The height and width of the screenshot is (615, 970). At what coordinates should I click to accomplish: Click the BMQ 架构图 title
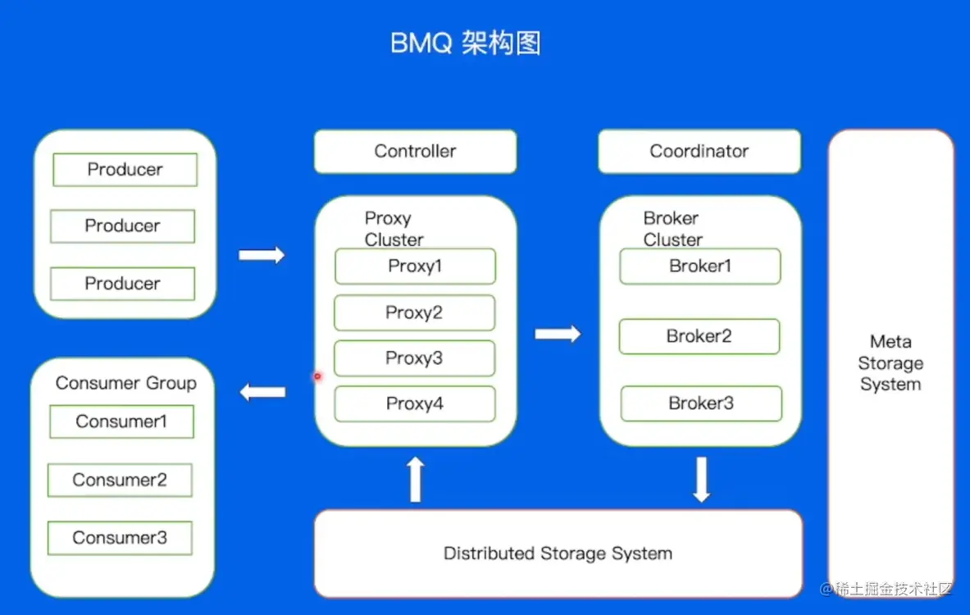[466, 43]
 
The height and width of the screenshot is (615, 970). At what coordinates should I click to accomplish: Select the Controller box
[415, 152]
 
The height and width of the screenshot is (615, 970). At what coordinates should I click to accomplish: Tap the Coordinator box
[699, 152]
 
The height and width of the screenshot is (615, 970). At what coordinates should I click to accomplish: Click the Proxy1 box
[415, 266]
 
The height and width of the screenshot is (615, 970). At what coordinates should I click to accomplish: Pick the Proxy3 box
[414, 358]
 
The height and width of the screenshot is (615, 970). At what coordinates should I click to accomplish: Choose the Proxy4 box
[415, 403]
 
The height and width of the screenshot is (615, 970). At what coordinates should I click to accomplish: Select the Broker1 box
[700, 266]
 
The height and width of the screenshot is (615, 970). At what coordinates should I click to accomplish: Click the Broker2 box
[699, 337]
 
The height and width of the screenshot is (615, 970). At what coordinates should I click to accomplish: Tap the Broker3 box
[701, 403]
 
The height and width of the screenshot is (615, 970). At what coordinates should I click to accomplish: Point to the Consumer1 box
[121, 421]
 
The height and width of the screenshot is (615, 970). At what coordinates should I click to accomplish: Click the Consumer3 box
[120, 538]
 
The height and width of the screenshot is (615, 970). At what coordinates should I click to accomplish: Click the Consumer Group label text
[126, 383]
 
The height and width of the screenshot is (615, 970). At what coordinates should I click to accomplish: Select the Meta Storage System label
[890, 363]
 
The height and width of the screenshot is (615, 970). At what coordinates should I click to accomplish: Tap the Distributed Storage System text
[558, 553]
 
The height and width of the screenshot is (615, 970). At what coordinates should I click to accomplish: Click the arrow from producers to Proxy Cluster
[262, 255]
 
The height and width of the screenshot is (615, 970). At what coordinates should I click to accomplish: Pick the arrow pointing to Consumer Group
[262, 393]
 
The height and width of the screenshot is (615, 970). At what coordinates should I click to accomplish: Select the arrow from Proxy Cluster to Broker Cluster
[558, 334]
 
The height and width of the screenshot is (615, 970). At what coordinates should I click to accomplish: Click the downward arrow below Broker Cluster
[701, 480]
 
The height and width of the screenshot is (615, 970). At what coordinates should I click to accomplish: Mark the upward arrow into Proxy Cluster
[416, 480]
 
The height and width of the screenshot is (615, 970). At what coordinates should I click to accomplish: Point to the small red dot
[317, 376]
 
